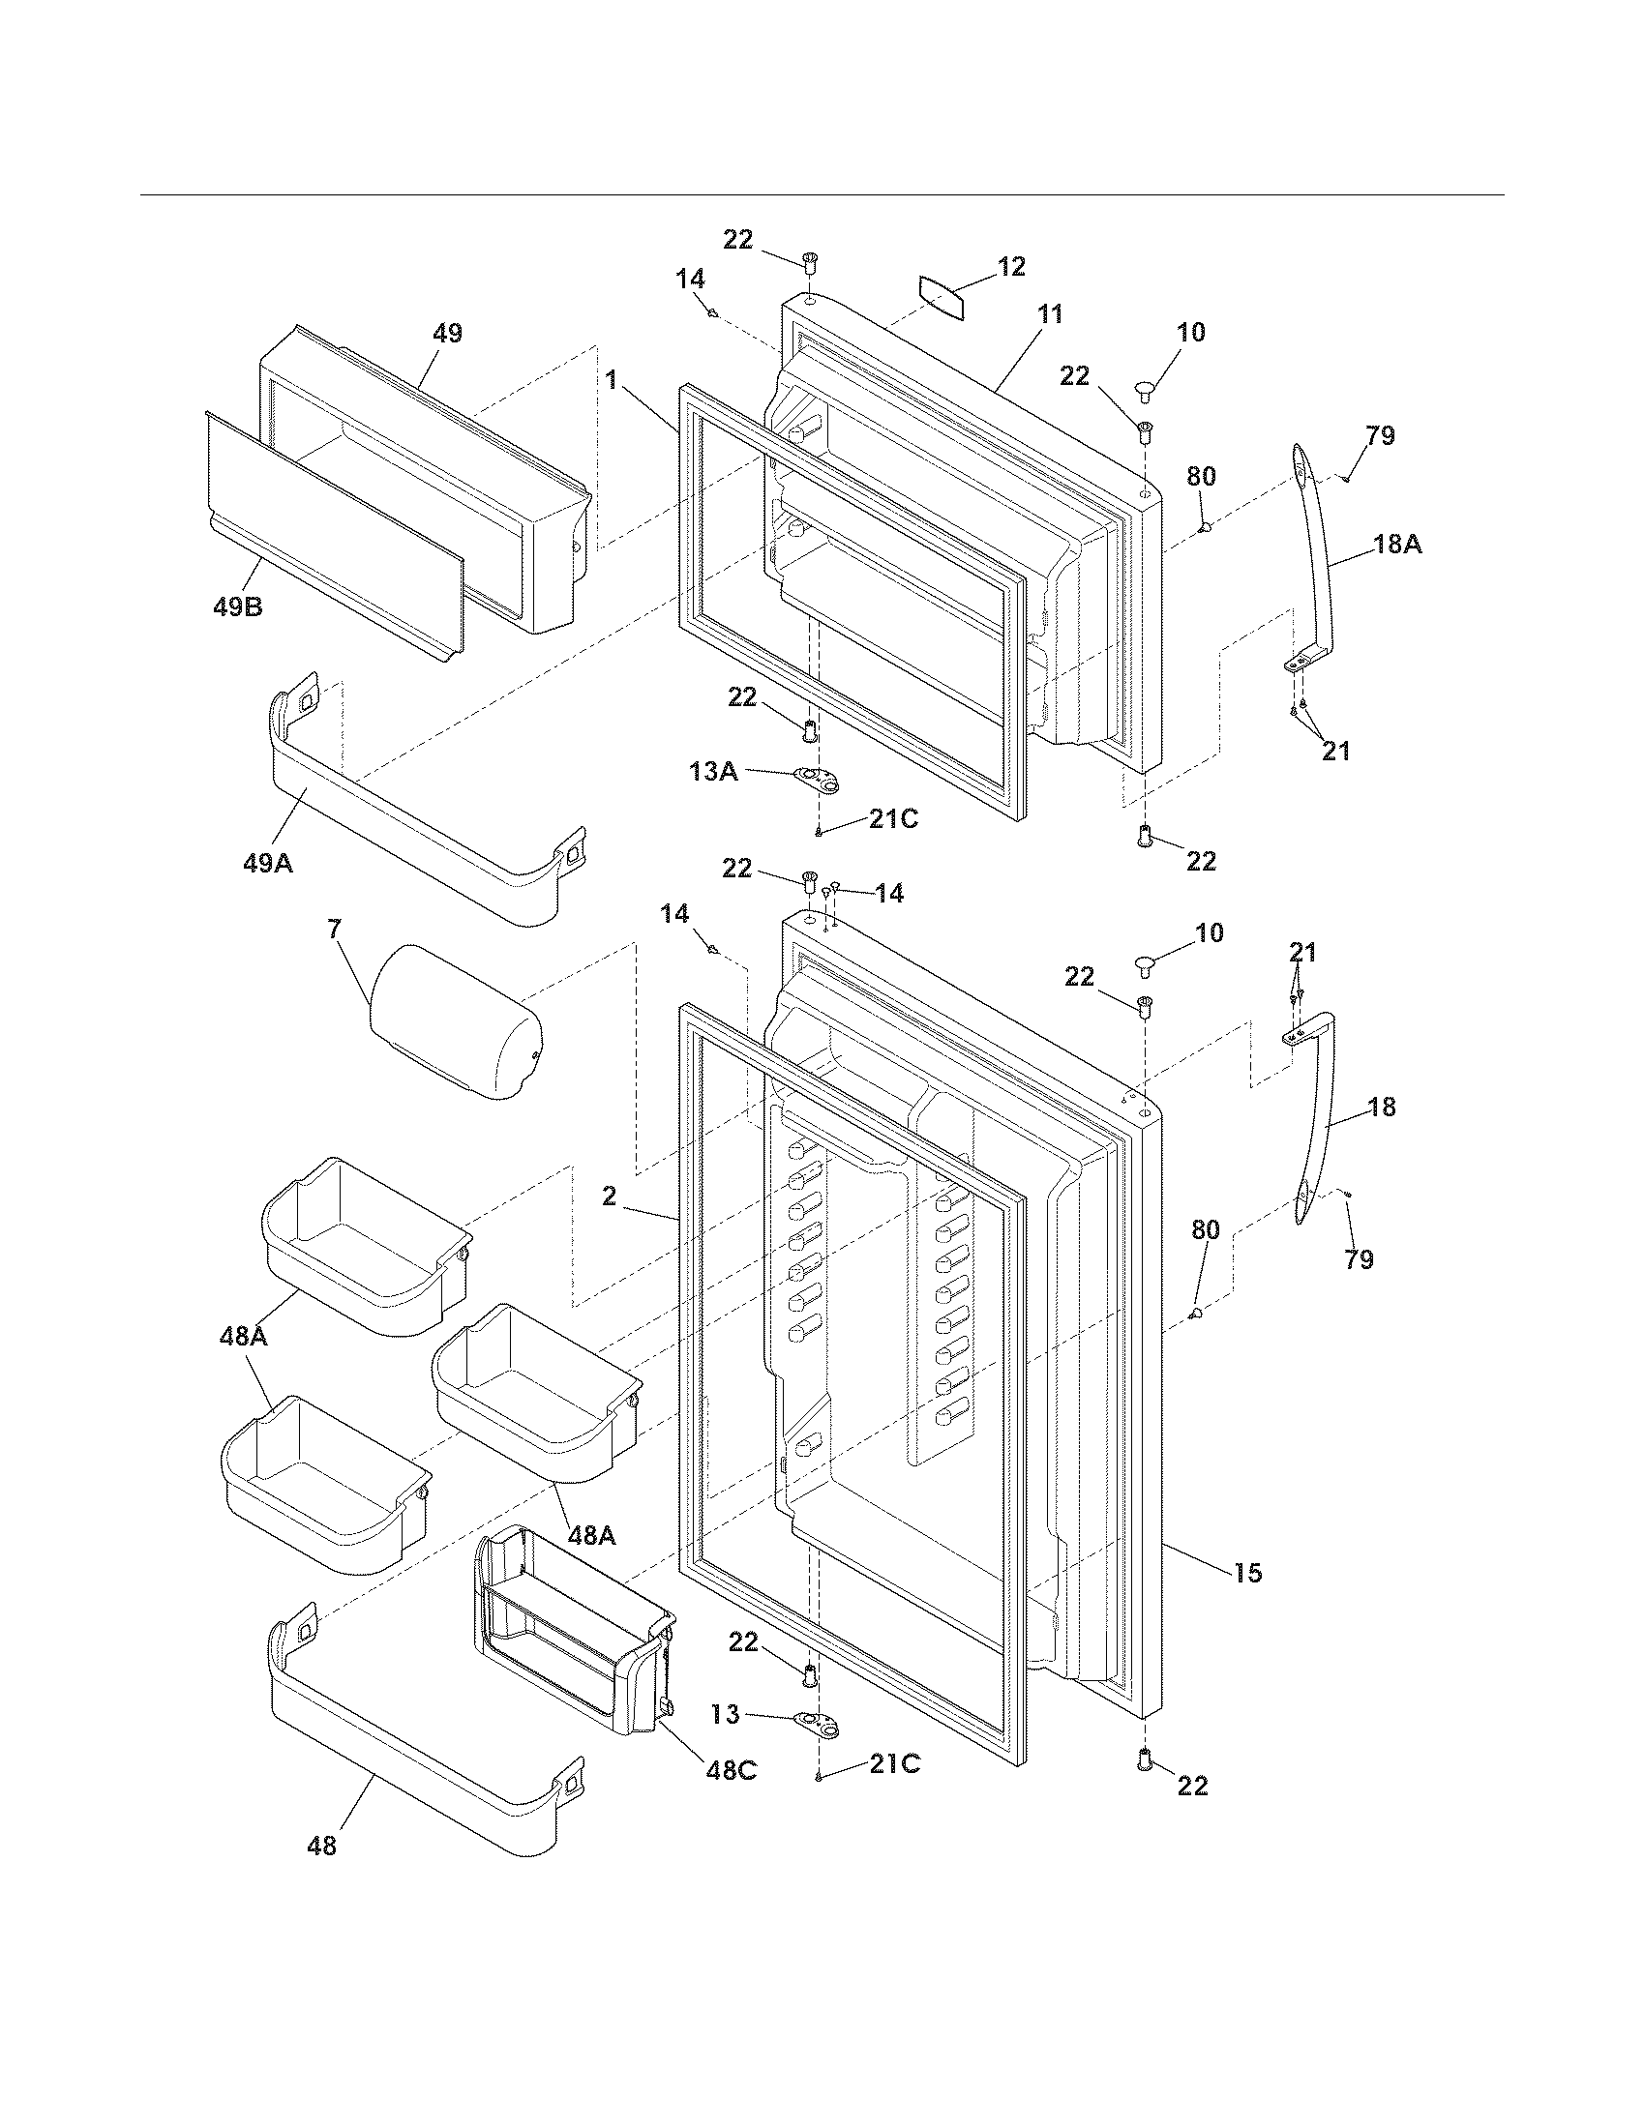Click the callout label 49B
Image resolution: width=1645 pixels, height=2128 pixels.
pos(238,608)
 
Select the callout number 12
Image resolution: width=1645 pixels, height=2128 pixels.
pos(1011,266)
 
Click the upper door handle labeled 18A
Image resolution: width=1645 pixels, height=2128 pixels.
pos(1315,546)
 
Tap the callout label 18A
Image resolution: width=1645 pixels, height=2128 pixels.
pos(1397,545)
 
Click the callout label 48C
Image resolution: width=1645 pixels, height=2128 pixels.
pos(731,1769)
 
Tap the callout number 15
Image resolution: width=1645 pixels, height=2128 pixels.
pos(1247,1572)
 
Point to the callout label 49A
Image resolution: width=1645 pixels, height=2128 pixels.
pos(268,862)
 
